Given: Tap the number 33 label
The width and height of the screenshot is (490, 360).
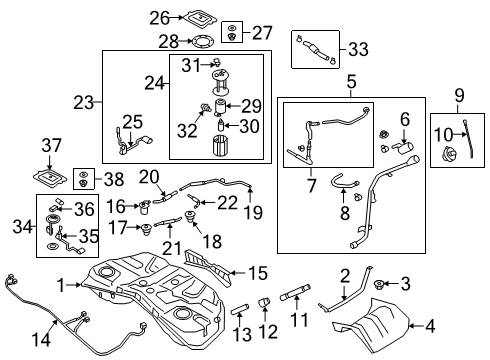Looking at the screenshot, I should pos(358,47).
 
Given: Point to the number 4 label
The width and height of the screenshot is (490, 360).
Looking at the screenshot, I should pos(431,324).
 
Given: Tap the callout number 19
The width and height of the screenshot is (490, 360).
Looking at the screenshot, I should pos(254,212).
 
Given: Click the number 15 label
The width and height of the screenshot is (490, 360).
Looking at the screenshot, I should pos(258,271).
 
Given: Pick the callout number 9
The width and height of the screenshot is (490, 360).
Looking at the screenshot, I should pos(460,96).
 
